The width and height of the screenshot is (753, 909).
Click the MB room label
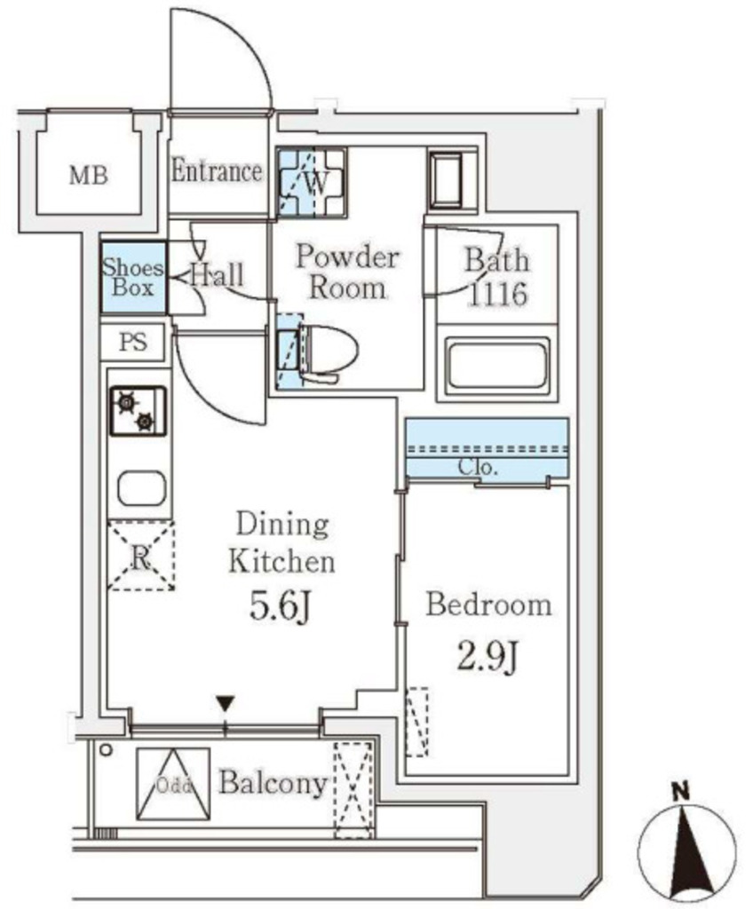coord(89,175)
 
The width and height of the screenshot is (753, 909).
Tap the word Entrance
coord(217,171)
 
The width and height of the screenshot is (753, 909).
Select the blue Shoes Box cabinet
coord(133,278)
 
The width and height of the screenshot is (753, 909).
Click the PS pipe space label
coord(133,342)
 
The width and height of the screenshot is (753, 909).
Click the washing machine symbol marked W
coord(312,182)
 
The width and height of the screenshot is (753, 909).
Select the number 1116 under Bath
coord(498,294)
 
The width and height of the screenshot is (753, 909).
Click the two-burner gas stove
coord(138,411)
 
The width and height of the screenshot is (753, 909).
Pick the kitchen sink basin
coord(141,488)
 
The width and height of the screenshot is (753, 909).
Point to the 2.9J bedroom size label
coord(487,658)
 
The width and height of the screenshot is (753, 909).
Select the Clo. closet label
coord(478,467)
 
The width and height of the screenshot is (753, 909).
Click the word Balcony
coord(273,783)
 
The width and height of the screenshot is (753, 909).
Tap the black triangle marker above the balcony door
coord(225,704)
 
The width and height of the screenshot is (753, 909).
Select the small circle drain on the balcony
coord(105,750)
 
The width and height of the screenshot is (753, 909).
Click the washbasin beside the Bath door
coord(446,179)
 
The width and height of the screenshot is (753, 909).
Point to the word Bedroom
coord(488,605)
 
